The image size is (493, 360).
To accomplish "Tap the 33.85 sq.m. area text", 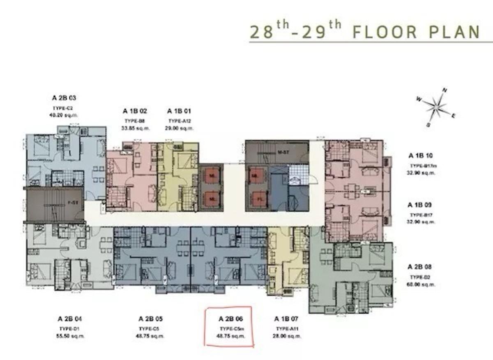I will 135,128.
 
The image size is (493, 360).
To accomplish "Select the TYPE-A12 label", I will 179,121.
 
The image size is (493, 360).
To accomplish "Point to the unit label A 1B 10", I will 421,156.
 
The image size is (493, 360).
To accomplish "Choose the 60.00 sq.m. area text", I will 422,284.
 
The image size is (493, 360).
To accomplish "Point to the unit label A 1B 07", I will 287,318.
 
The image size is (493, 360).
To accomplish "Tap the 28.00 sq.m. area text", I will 288,336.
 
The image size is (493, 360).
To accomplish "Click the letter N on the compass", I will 444,90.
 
